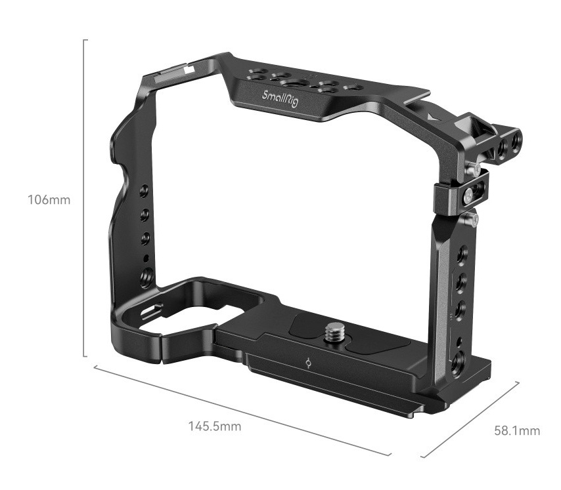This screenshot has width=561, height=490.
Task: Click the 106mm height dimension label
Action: click(49, 199)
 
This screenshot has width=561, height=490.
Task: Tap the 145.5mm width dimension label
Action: click(215, 426)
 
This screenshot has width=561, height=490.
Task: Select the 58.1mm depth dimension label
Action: click(517, 431)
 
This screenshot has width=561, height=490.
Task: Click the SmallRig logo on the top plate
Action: click(280, 99)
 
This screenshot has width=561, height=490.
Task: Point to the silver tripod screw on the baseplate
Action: click(335, 331)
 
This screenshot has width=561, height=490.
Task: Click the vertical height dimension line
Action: click(85, 198)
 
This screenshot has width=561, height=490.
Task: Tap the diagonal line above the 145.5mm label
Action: click(242, 411)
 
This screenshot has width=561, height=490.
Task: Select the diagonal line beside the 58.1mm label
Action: click(470, 420)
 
